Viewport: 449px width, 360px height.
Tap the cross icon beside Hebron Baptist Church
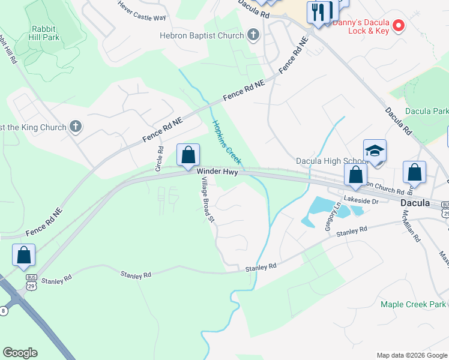point(253,35)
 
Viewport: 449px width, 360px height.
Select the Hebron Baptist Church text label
point(202,35)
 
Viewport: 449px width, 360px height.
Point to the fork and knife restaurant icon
point(318,11)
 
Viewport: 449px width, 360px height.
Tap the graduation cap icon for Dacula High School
point(375,151)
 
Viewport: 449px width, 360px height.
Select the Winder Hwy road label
point(217,172)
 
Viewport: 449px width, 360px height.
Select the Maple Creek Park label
point(413,304)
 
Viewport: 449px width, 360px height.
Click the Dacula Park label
point(427,111)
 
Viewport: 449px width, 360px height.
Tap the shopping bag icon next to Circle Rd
point(188,155)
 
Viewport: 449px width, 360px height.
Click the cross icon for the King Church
point(75,127)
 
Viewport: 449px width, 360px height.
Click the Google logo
point(20,353)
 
